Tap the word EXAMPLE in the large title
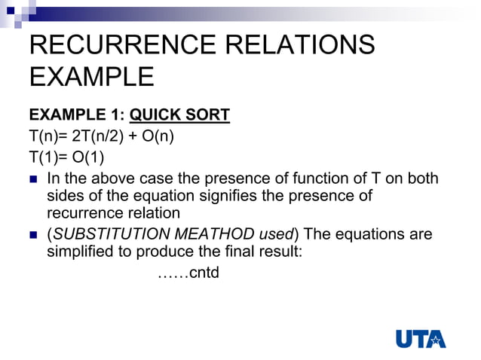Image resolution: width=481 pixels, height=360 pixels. point(91,78)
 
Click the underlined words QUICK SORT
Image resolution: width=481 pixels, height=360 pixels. point(180,116)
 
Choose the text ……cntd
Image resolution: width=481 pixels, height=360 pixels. point(188,272)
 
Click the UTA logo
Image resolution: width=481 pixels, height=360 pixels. point(421,339)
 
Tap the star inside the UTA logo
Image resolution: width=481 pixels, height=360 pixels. point(437,340)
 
